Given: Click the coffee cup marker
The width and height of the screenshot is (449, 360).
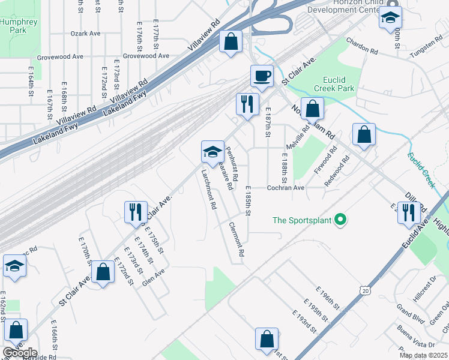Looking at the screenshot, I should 262,76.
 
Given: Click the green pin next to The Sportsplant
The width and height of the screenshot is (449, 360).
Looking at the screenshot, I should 340,220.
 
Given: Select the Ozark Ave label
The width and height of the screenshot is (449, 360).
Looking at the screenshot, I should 85,34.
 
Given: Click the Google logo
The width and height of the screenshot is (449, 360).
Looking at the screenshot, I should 19,353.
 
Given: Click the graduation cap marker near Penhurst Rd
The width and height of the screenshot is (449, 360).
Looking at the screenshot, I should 212,152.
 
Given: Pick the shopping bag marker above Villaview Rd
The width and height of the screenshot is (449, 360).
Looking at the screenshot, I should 231,42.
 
